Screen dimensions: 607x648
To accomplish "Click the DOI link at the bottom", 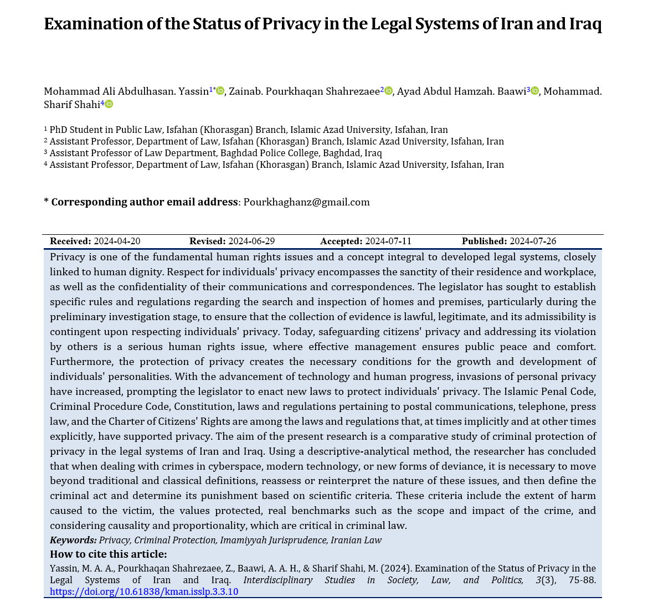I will click(x=144, y=591).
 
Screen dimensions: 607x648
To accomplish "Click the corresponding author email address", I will click(x=306, y=202).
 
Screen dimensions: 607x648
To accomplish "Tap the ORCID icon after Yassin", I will click(x=220, y=91).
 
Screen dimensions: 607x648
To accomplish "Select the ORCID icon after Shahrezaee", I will click(x=388, y=91).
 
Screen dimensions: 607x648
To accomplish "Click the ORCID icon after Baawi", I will click(x=534, y=91).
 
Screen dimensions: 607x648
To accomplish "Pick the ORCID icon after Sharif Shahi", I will click(x=109, y=104).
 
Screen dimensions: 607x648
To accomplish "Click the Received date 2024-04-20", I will click(x=117, y=241).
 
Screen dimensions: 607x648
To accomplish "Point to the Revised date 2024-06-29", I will click(x=251, y=241).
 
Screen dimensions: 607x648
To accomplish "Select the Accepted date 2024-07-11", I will click(x=388, y=241).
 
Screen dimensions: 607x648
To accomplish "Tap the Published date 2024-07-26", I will click(x=533, y=241).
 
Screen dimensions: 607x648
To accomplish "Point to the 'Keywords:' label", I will click(x=73, y=541).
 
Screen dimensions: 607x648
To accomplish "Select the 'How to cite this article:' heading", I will click(x=108, y=554).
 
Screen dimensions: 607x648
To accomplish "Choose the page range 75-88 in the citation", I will click(x=582, y=580).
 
